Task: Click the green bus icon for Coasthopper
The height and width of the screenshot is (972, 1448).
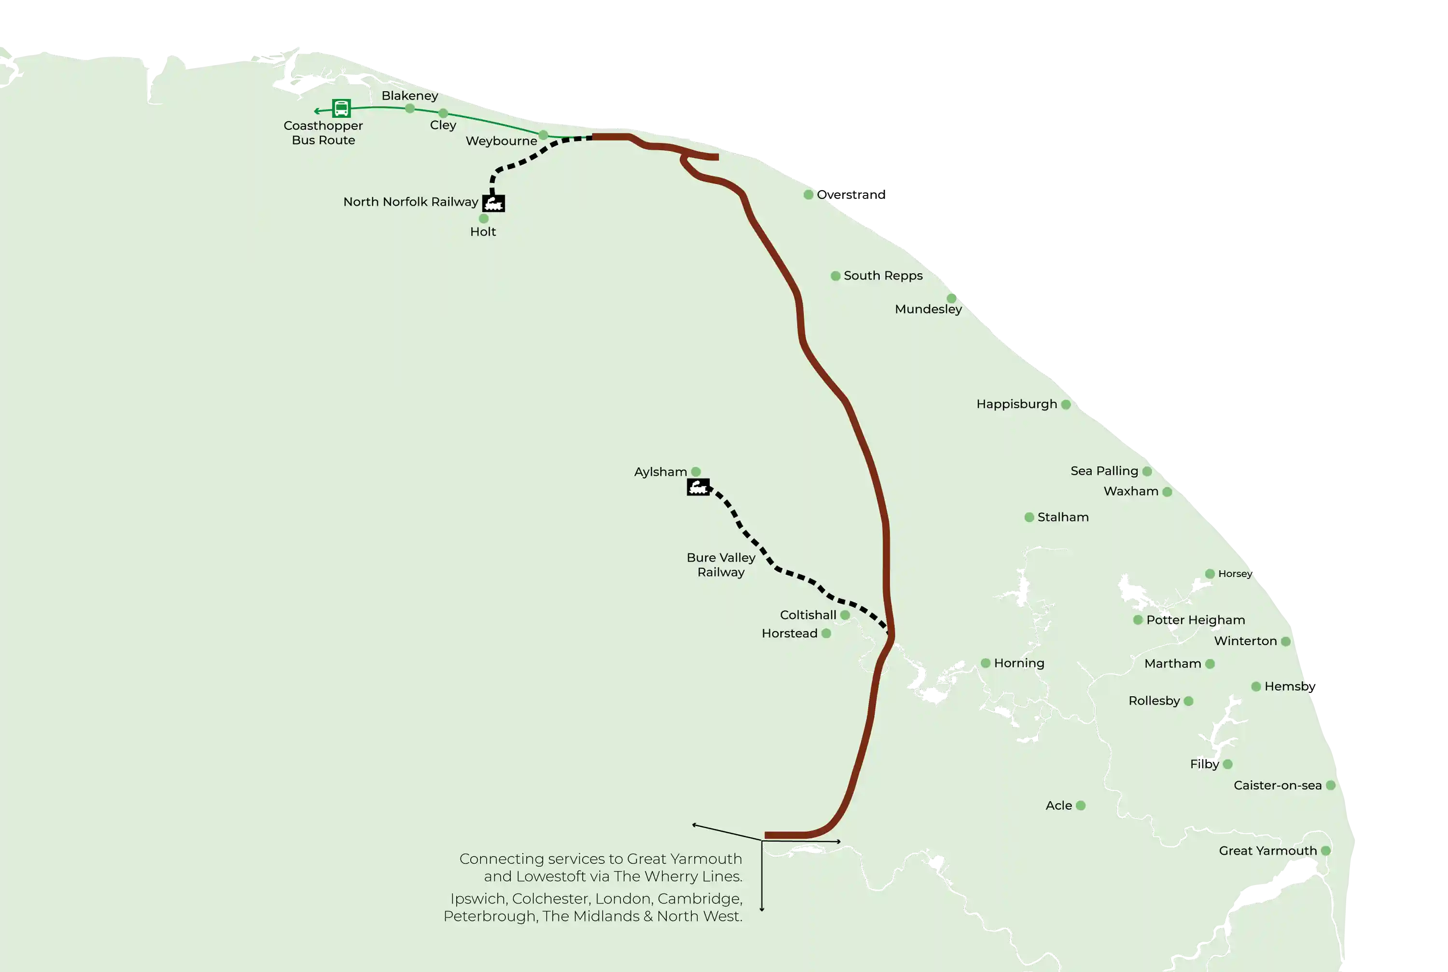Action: pyautogui.click(x=341, y=109)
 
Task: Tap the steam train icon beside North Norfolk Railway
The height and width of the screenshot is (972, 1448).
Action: pyautogui.click(x=494, y=203)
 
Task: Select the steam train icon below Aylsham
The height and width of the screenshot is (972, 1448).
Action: pyautogui.click(x=698, y=487)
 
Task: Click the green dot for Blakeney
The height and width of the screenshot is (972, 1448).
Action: pyautogui.click(x=410, y=109)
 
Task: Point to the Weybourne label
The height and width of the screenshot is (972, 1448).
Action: pyautogui.click(x=501, y=141)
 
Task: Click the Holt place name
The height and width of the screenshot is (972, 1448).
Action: pyautogui.click(x=483, y=232)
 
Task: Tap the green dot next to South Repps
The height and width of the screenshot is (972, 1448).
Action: pyautogui.click(x=835, y=276)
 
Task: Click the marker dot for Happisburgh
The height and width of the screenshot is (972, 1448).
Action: pyautogui.click(x=1066, y=405)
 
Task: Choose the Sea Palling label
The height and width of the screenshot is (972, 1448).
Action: pyautogui.click(x=1104, y=471)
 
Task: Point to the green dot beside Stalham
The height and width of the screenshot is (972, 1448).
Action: pyautogui.click(x=1029, y=518)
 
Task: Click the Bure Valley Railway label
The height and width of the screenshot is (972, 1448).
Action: pyautogui.click(x=721, y=565)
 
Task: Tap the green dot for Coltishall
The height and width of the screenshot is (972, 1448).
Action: pyautogui.click(x=845, y=615)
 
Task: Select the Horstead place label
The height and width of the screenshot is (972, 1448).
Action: pyautogui.click(x=789, y=634)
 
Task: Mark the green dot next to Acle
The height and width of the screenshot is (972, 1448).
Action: pyautogui.click(x=1081, y=806)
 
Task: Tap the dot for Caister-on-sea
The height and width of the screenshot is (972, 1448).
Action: pyautogui.click(x=1330, y=786)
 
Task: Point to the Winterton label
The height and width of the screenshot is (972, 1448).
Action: pyautogui.click(x=1245, y=641)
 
